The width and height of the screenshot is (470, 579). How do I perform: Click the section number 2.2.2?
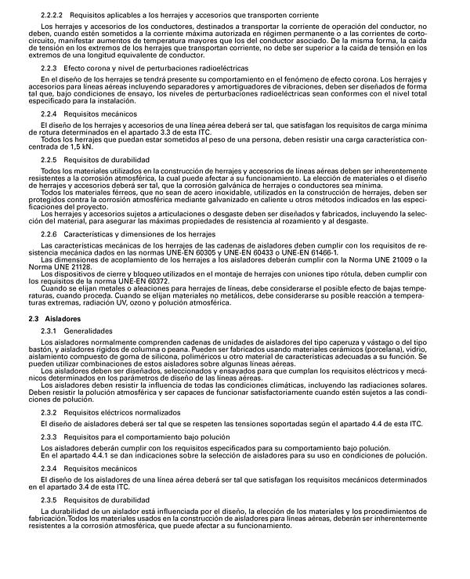pyautogui.click(x=52, y=16)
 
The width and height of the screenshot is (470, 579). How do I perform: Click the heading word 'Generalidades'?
pyautogui.click(x=92, y=331)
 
